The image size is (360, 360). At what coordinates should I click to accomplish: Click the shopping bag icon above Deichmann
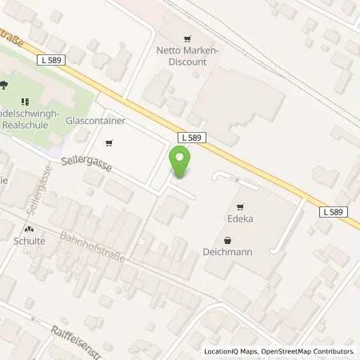click(229, 239)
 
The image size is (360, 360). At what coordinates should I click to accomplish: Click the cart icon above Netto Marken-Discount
click(188, 38)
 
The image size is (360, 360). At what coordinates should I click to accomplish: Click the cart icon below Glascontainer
click(110, 144)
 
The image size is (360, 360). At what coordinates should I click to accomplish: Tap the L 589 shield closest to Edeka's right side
click(335, 212)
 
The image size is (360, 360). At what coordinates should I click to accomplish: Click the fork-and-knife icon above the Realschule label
click(25, 102)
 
